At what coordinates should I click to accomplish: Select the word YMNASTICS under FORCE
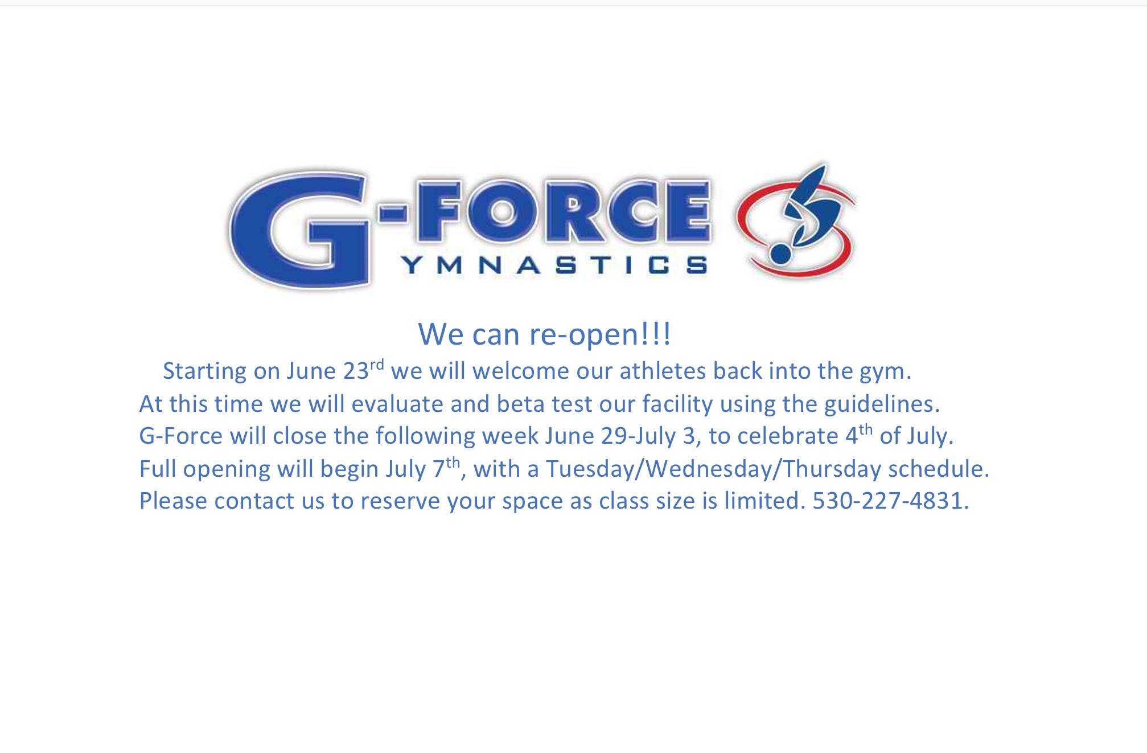554,265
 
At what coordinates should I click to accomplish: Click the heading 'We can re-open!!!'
545,334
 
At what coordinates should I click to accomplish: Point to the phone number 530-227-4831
890,501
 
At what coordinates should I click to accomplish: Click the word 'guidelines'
882,404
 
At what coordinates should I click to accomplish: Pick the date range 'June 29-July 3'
620,436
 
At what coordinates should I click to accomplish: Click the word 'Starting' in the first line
205,371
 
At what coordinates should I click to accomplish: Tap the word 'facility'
677,404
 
